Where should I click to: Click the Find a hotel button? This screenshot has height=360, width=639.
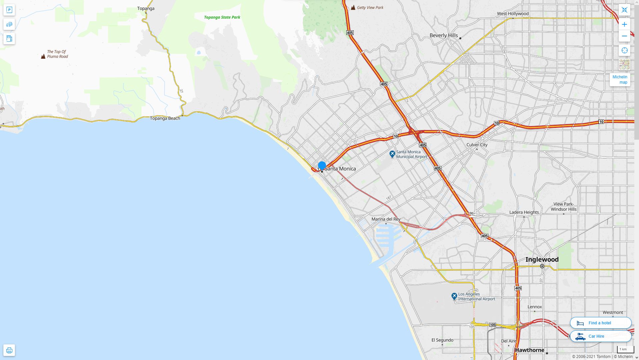600,323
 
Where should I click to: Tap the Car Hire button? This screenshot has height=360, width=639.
600,336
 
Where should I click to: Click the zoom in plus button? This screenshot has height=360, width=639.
624,24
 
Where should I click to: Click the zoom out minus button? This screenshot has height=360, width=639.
624,36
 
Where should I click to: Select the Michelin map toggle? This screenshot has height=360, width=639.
620,79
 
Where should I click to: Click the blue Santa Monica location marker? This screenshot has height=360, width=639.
322,165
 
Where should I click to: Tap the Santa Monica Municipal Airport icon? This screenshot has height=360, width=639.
392,154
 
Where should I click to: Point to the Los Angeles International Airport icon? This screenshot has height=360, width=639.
454,296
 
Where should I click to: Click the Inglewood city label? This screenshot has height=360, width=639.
542,259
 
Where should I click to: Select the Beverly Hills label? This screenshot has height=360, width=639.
443,35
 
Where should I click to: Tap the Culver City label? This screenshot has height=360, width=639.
477,145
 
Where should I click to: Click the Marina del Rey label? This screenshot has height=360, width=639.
386,219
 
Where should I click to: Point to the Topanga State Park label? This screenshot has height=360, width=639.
222,17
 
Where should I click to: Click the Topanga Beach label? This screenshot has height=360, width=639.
165,118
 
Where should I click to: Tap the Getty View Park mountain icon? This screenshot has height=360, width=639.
353,7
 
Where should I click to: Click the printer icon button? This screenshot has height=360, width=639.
9,350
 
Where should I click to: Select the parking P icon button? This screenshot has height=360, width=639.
9,10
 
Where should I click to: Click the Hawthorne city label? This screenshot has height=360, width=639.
529,350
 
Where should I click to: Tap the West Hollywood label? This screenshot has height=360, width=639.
513,14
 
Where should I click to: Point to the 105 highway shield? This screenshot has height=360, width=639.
493,325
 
